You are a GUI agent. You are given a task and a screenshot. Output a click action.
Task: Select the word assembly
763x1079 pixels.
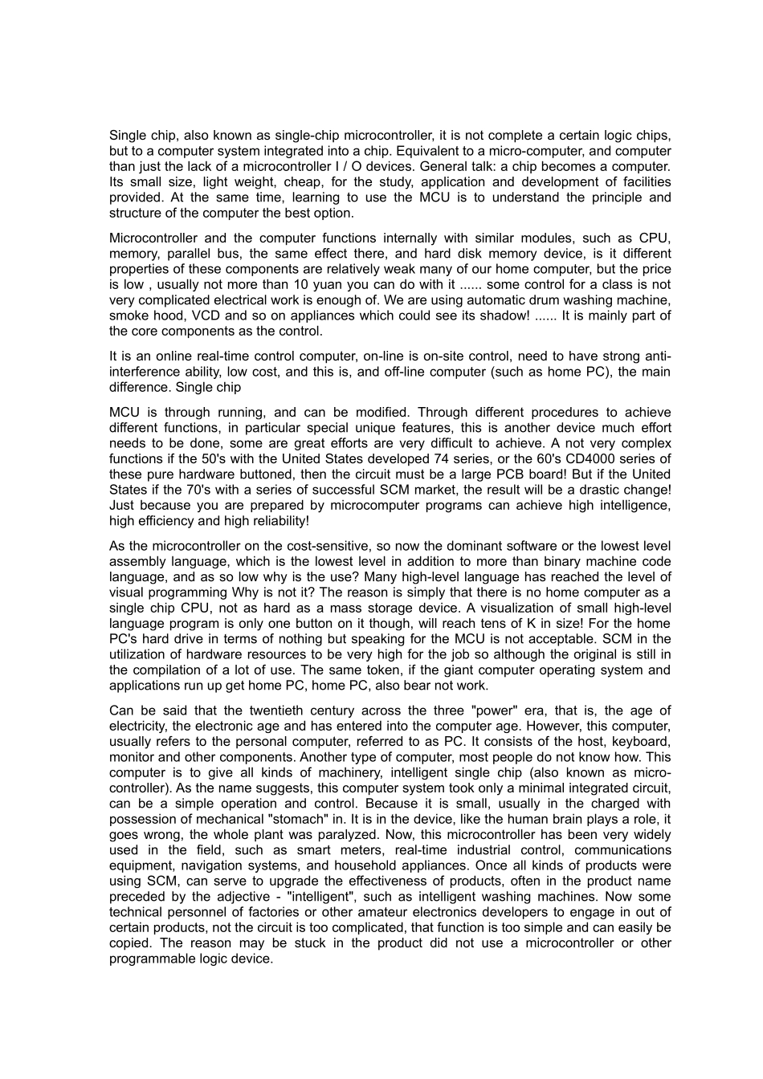134,562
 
